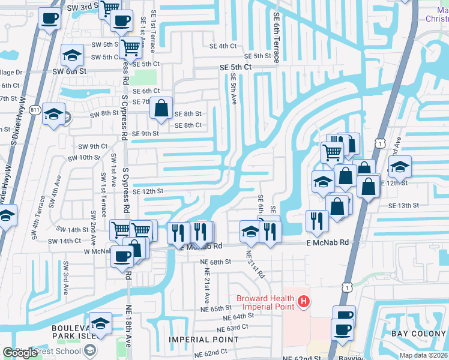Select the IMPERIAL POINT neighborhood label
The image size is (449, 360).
[204, 340]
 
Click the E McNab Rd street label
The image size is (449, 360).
[327, 242]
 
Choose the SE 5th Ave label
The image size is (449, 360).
[234, 88]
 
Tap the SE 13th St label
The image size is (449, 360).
[403, 205]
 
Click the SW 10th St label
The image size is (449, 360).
[84, 157]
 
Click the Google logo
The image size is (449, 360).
[20, 353]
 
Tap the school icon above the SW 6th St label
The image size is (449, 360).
[72, 55]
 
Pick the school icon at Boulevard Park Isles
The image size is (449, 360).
[100, 322]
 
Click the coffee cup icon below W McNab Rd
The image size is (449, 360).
[122, 256]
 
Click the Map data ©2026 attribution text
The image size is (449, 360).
[424, 355]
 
